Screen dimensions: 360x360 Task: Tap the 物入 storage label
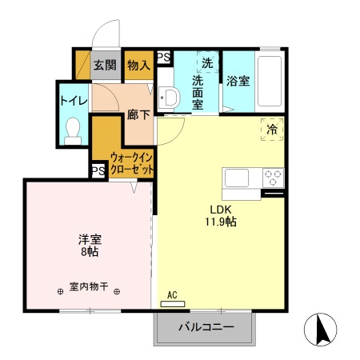tap(138, 66)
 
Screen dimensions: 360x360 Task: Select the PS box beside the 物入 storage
tap(163, 57)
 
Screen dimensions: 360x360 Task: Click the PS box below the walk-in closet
tap(98, 171)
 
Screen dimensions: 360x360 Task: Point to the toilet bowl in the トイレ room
tap(73, 130)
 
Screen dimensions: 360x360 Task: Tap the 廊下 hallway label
tap(138, 114)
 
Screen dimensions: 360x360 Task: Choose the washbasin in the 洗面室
tap(169, 98)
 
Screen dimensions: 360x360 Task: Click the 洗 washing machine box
tap(207, 62)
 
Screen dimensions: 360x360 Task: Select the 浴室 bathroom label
tap(238, 80)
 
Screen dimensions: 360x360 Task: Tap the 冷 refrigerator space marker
tap(270, 128)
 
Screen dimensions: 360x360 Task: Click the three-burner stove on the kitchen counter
tap(272, 178)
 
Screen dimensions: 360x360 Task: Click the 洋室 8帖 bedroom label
tap(89, 245)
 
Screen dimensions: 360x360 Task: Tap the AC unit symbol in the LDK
tap(172, 303)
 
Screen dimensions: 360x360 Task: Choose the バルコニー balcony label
tap(205, 327)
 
